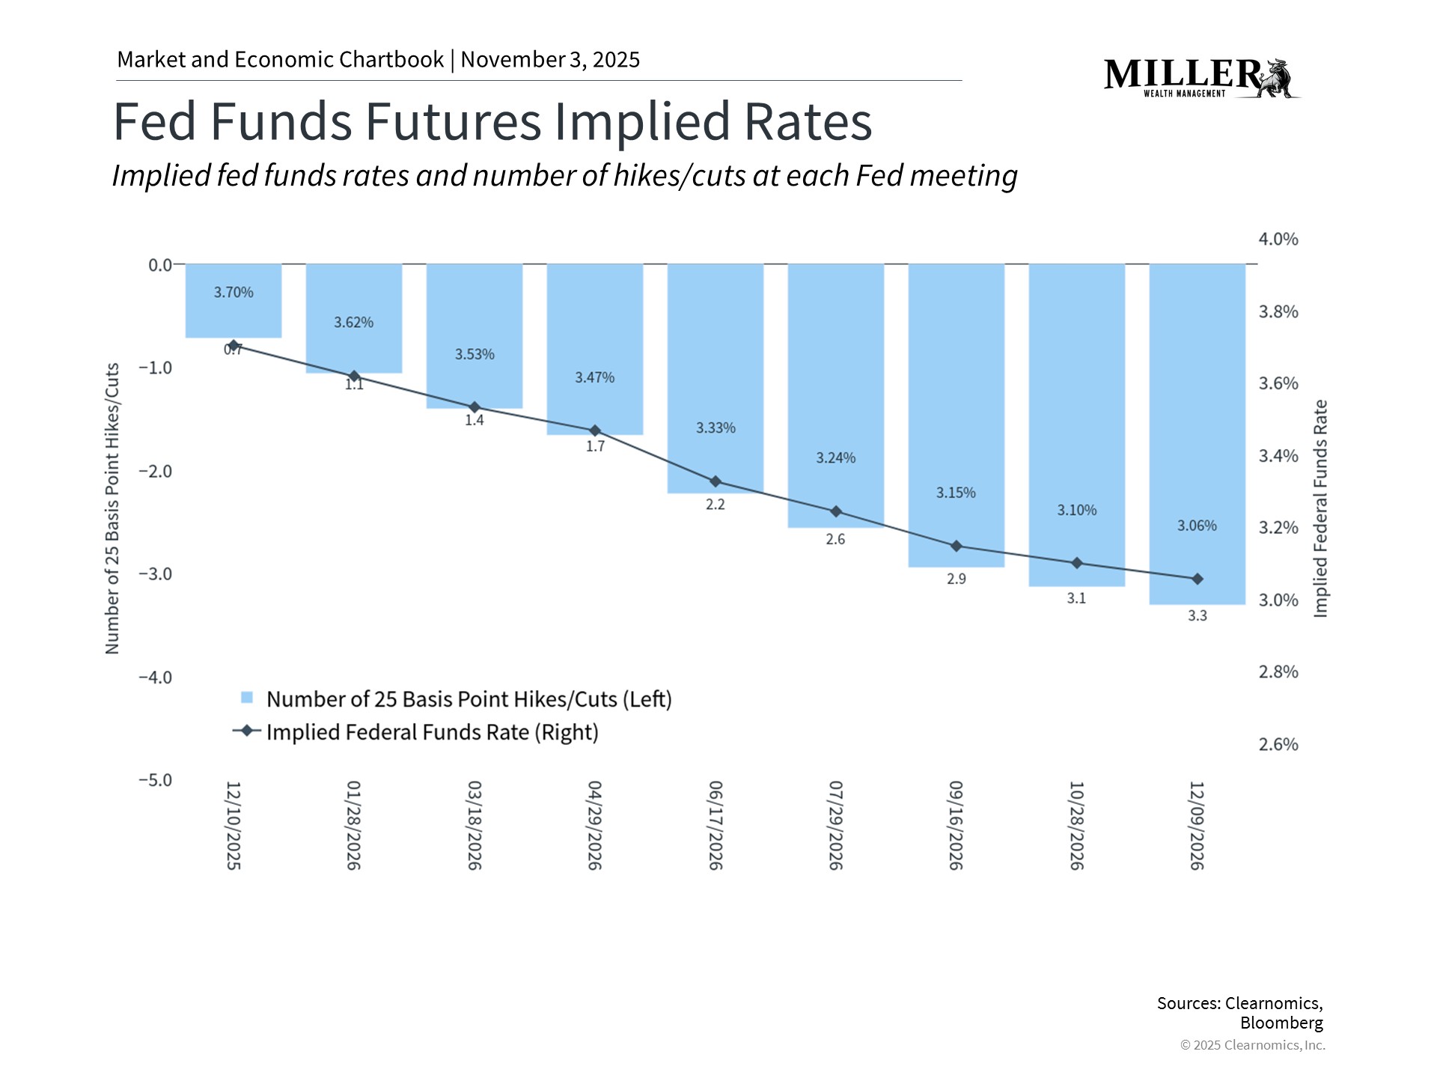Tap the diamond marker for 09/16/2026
(x=956, y=546)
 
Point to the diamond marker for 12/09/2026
(x=1197, y=579)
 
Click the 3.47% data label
(x=594, y=378)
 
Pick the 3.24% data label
(x=835, y=458)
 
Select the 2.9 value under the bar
(x=956, y=579)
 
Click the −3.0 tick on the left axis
(x=155, y=574)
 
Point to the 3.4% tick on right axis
(x=1278, y=456)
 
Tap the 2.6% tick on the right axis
(x=1278, y=745)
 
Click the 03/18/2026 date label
(x=475, y=825)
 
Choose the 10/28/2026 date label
(x=1076, y=825)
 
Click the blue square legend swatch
(x=247, y=698)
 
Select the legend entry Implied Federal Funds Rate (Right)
(x=432, y=732)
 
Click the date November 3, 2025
(x=550, y=60)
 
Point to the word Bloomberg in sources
(x=1281, y=1023)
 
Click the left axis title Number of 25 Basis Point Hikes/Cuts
(x=112, y=509)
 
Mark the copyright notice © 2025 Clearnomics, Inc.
(x=1252, y=1045)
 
